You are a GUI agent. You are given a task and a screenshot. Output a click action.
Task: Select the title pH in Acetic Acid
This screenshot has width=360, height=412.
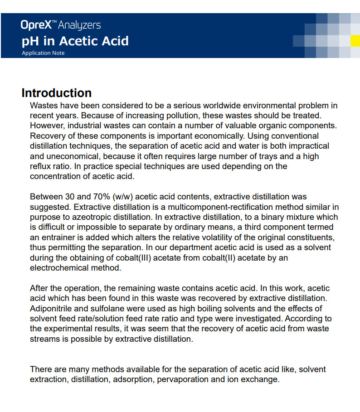tap(75, 41)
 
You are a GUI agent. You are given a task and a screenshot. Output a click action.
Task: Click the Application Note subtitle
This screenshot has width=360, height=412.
tap(43, 53)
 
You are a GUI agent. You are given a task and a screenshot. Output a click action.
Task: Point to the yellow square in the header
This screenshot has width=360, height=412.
tap(356, 41)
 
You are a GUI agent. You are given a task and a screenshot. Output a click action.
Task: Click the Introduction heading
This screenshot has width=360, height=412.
tap(56, 93)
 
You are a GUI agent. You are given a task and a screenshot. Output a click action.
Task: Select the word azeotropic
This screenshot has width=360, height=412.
tap(86, 217)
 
